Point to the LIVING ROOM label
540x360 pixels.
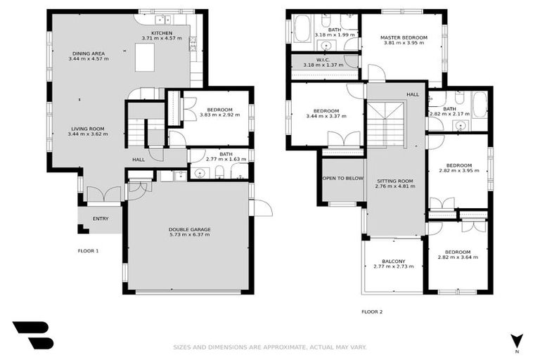point(86,129)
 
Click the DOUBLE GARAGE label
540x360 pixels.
point(189,229)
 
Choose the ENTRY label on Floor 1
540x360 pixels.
point(101,219)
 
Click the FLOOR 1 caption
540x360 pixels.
point(88,250)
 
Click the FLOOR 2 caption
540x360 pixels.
point(372,311)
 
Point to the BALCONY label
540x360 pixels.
point(393,261)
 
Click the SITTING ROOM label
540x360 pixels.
point(394,181)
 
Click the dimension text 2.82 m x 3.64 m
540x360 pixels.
point(458,257)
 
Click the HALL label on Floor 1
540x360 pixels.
point(139,160)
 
